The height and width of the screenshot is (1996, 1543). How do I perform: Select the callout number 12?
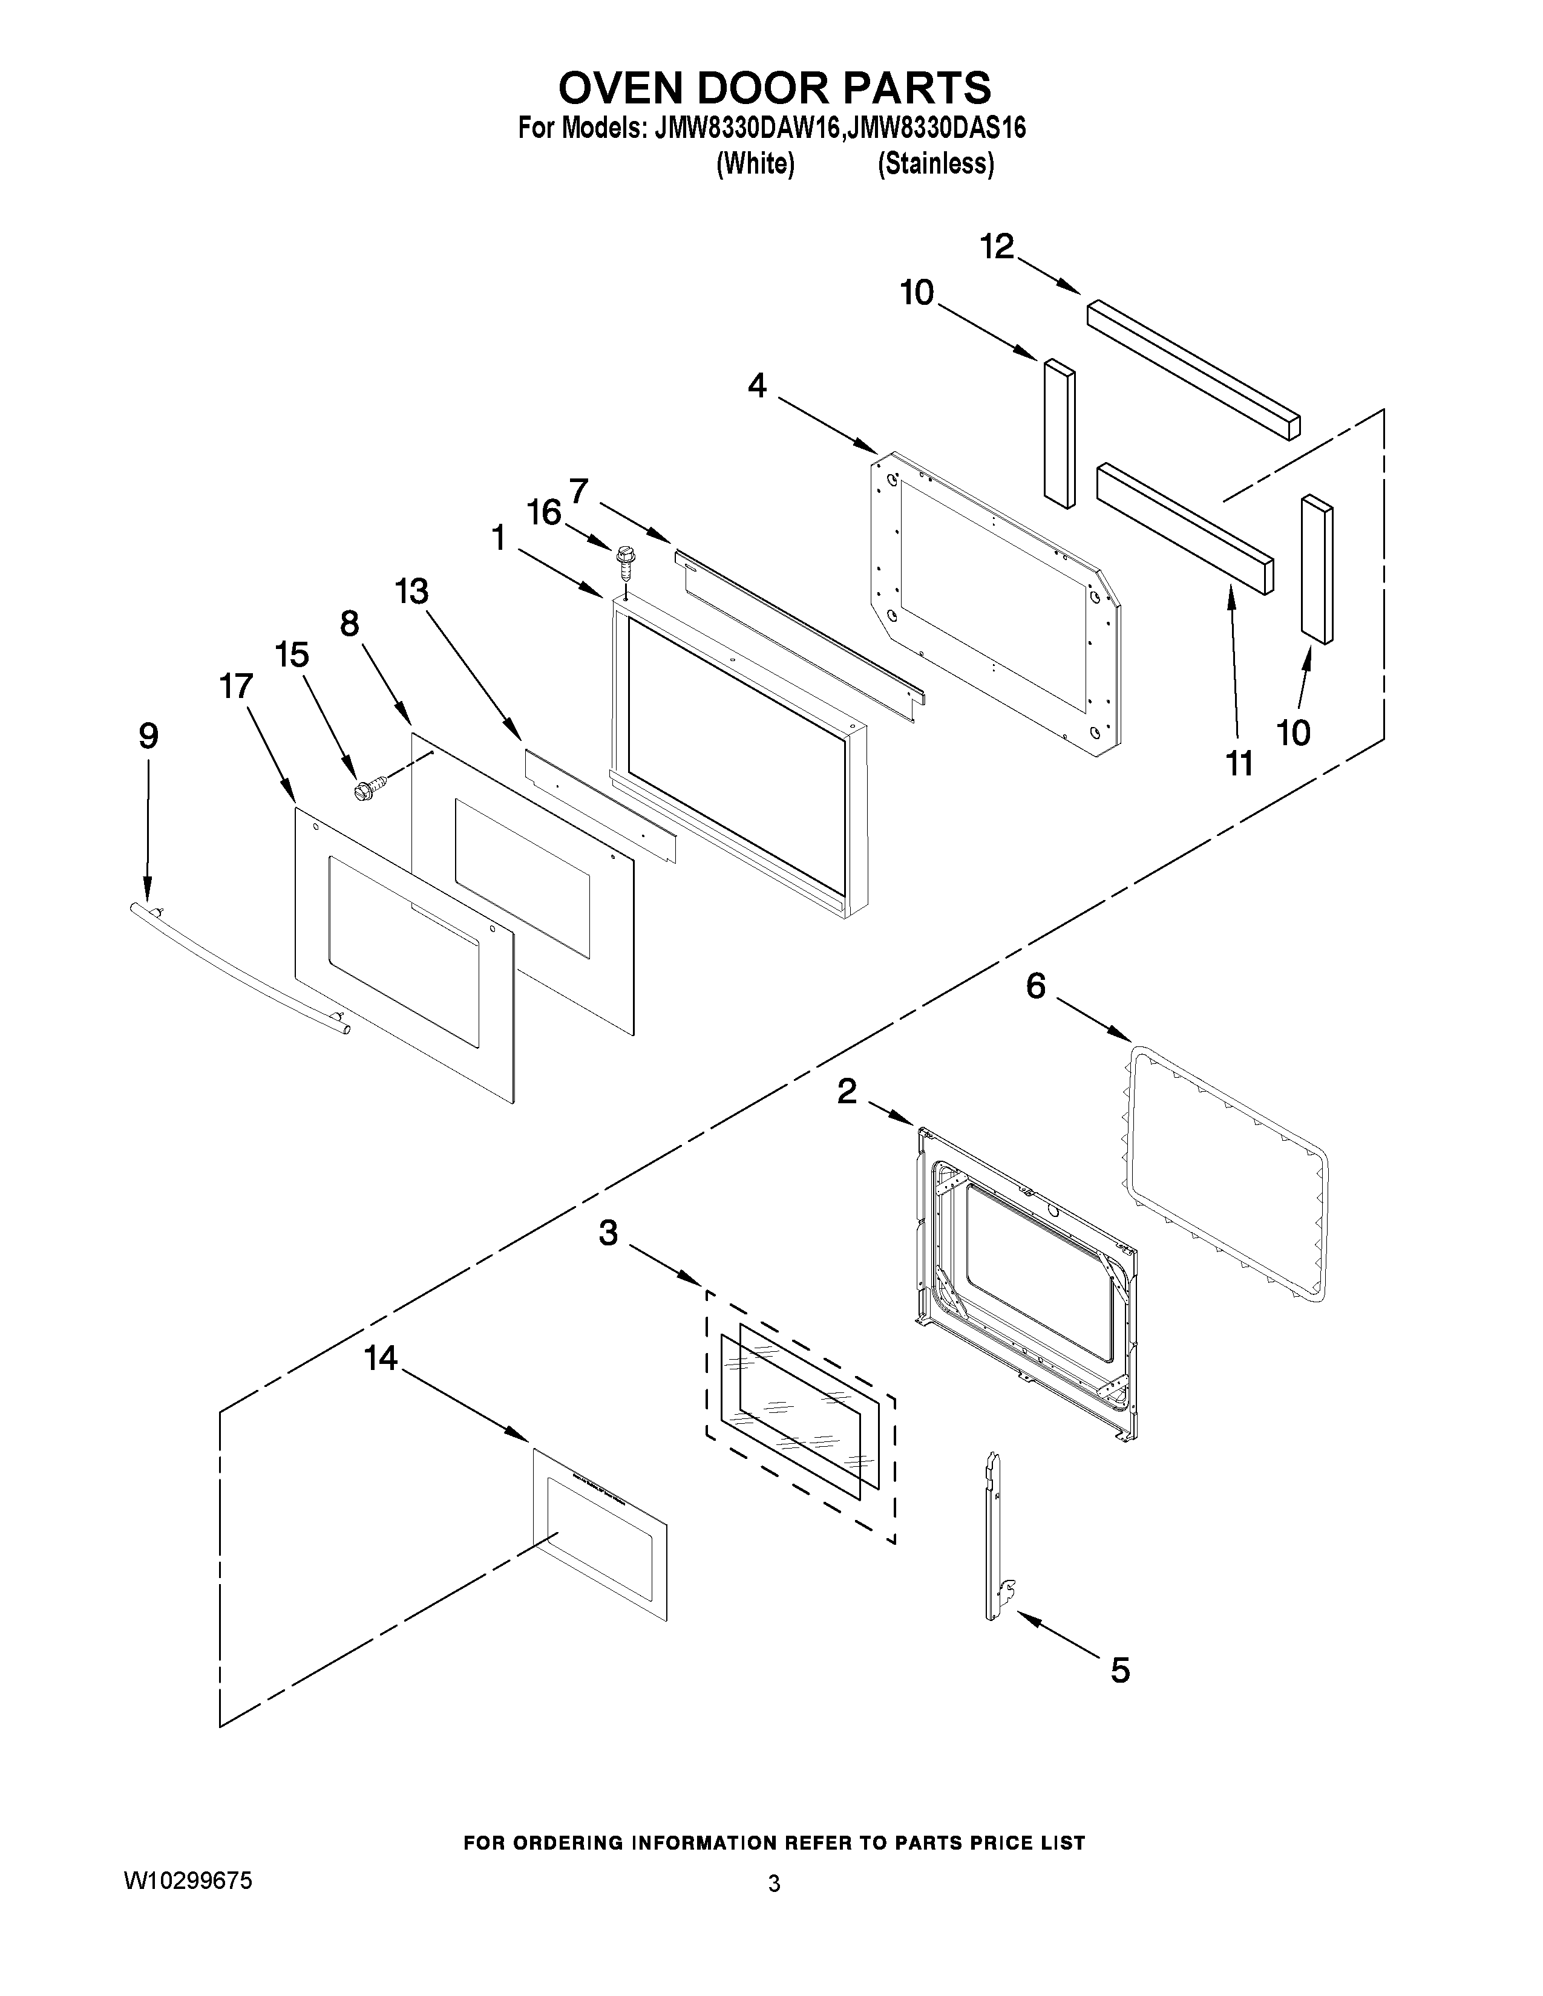point(997,247)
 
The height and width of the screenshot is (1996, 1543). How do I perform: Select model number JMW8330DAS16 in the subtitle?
point(934,128)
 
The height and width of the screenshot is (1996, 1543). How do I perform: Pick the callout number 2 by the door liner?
point(847,1091)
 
